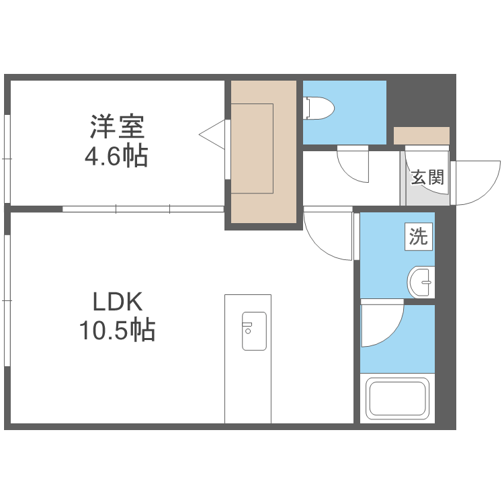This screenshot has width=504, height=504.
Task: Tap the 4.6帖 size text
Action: coord(116,157)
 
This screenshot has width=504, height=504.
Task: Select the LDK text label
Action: coord(118,302)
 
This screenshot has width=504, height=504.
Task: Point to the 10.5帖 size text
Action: coord(117,331)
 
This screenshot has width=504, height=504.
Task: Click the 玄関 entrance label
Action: coord(427,177)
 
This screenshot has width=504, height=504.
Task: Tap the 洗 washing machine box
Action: coord(419,237)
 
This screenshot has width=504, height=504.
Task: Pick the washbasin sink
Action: coord(422,282)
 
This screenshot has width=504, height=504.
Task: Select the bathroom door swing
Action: coord(380,325)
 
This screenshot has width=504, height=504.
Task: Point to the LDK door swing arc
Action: coord(327,235)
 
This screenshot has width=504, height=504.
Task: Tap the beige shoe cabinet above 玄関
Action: coord(421,135)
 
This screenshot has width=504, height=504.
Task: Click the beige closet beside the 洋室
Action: coord(264,151)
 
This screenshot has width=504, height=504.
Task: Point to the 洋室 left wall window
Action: coord(7,159)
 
